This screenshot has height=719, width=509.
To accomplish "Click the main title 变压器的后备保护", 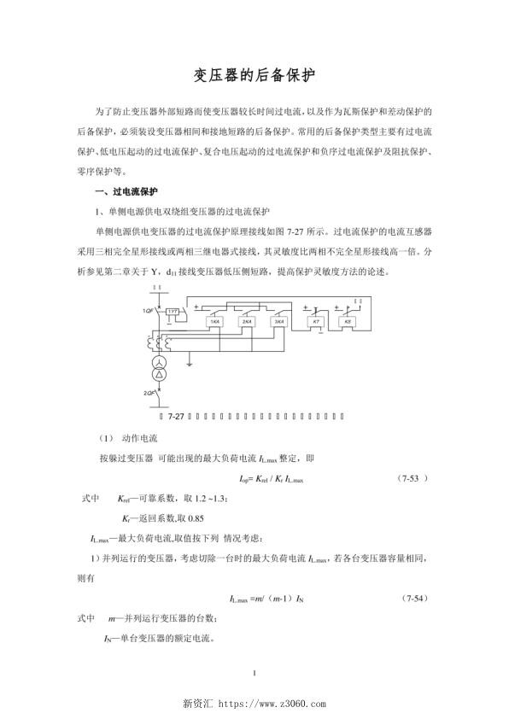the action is point(254,76).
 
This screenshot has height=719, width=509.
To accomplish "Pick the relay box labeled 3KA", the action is point(277,322).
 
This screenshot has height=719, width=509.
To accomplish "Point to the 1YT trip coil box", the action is point(173,312).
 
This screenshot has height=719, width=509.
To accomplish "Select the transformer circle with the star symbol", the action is point(158,375).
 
